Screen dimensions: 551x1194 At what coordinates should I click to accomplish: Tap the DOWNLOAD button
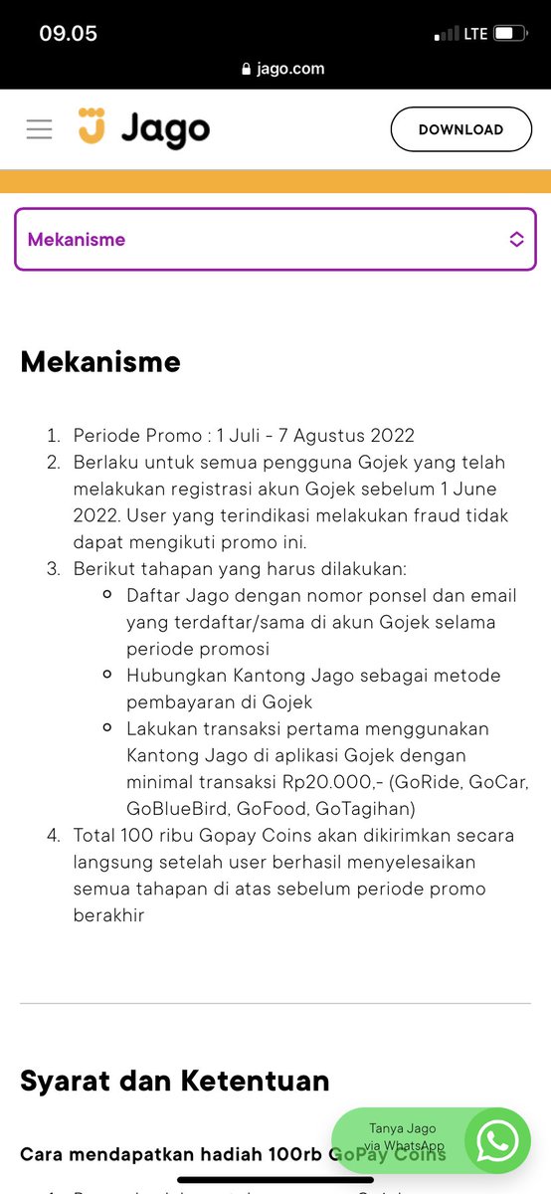click(460, 129)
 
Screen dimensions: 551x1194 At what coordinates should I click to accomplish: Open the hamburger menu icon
click(39, 129)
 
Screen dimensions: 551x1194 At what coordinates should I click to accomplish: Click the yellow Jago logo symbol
click(92, 126)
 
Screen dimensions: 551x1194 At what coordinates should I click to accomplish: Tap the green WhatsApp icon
click(497, 1140)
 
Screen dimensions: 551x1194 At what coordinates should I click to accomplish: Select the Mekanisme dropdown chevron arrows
click(516, 239)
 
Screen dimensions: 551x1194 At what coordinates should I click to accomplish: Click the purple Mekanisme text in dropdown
click(77, 239)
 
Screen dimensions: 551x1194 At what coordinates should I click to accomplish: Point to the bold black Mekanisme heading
click(100, 361)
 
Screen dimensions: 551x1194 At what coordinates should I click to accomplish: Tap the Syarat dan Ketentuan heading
click(174, 1080)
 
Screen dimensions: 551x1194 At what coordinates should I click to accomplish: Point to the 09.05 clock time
click(68, 33)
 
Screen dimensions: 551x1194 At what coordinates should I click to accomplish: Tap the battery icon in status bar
click(509, 34)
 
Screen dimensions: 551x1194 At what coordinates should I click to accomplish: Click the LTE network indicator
click(475, 34)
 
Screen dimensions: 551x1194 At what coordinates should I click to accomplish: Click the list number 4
click(53, 835)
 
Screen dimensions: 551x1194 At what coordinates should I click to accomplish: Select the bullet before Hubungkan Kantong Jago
click(106, 675)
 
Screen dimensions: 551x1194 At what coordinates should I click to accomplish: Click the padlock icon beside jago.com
click(248, 69)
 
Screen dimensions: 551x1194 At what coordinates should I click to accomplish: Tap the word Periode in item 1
click(106, 435)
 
